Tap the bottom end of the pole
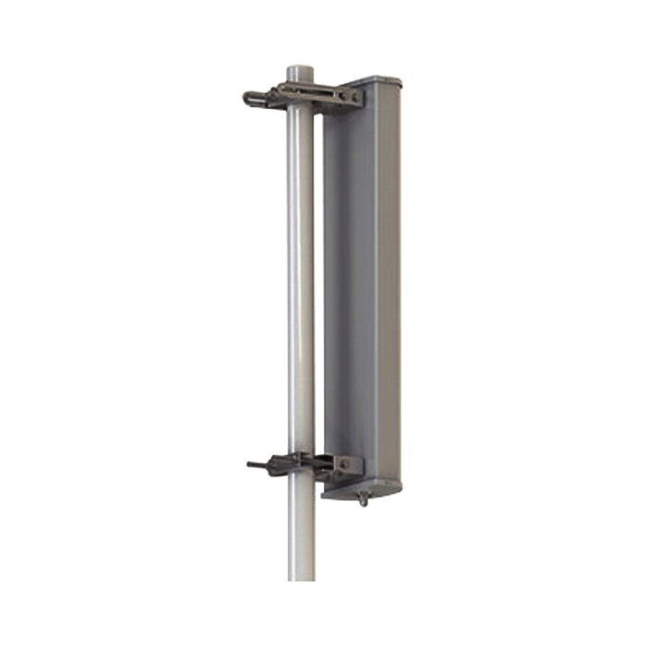point(301,577)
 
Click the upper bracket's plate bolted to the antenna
point(348,97)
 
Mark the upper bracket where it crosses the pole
point(301,92)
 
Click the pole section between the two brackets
point(301,277)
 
